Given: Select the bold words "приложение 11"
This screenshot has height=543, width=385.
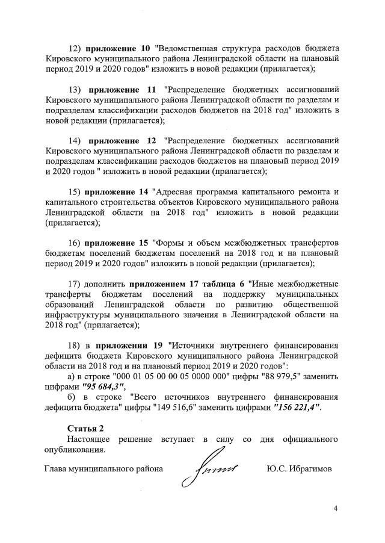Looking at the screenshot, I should tap(122, 90).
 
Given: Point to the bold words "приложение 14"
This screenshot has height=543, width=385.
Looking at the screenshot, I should tap(117, 191).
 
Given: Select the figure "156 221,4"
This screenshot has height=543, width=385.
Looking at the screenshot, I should tap(297, 407).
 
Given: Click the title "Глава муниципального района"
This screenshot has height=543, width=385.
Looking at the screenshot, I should tap(104, 468).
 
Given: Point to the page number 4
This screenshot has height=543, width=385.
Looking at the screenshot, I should tap(336, 509).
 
